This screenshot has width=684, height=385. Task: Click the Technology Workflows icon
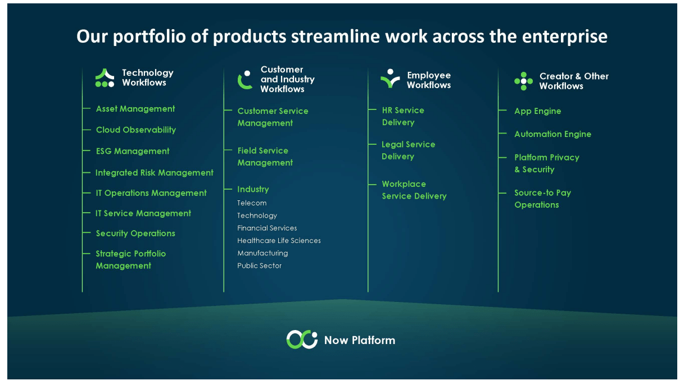[x=105, y=78]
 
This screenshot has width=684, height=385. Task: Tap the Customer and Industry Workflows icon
[x=245, y=80]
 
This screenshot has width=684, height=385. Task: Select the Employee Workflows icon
[x=389, y=79]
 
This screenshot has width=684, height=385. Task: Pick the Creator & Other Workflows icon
[x=523, y=81]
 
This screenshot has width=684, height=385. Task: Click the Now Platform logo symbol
[x=302, y=340]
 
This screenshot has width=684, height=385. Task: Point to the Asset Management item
[x=135, y=109]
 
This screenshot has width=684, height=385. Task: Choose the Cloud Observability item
[x=136, y=130]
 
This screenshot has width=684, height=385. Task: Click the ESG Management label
[x=133, y=151]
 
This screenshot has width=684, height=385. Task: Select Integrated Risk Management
[x=155, y=173]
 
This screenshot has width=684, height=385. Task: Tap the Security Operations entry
[x=135, y=233]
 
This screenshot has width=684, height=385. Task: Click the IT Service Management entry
[x=143, y=213]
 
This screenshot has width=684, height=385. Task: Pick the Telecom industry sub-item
[x=252, y=203]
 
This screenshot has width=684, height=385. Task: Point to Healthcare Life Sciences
[x=279, y=241]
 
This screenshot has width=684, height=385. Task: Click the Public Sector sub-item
[x=259, y=266]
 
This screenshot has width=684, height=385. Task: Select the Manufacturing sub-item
[x=262, y=253]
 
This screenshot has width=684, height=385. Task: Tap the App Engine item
[x=537, y=111]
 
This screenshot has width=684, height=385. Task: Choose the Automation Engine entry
[x=552, y=134]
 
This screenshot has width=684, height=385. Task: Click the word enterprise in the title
[x=566, y=37]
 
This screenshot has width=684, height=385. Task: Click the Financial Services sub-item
[x=267, y=228]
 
